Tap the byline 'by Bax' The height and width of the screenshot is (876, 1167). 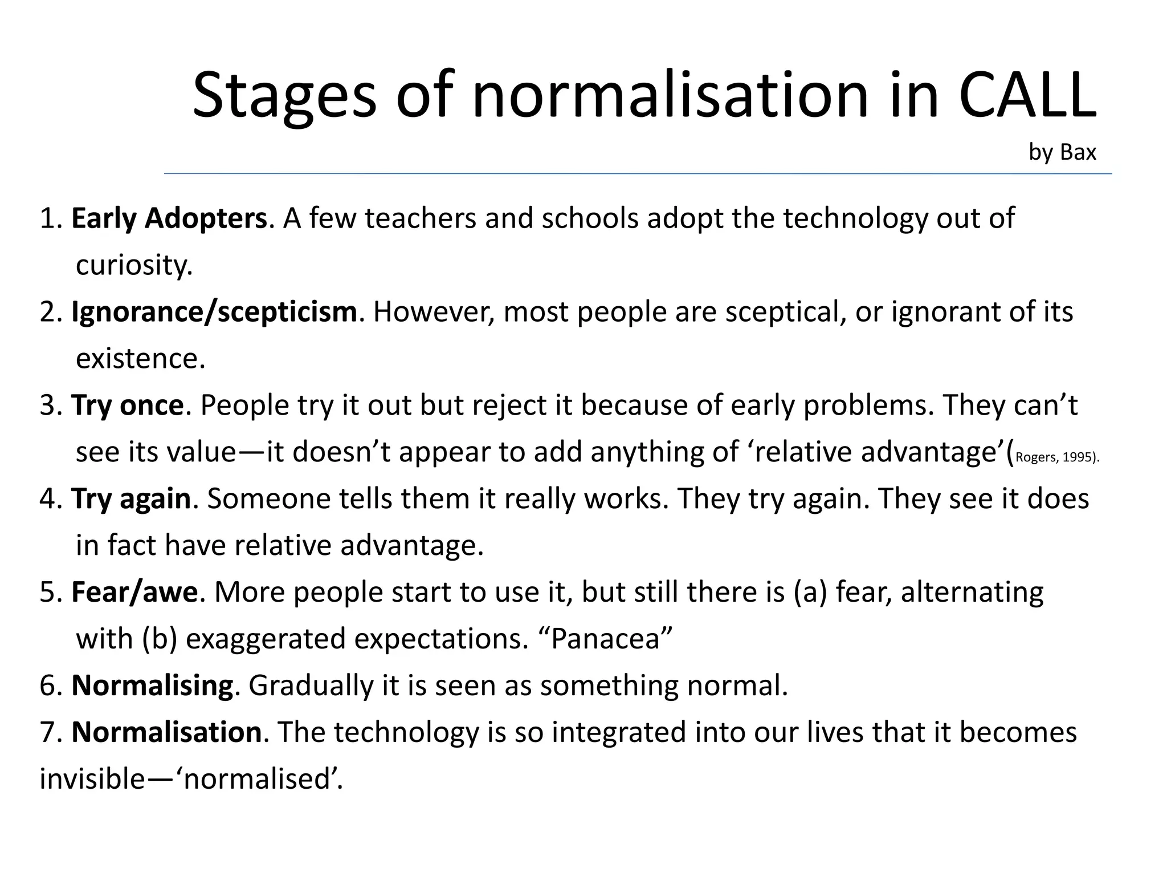coord(1062,152)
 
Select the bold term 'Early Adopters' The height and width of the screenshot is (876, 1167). coord(169,218)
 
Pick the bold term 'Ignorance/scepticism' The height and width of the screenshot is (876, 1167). coord(214,312)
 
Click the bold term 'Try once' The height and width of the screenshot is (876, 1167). coord(127,405)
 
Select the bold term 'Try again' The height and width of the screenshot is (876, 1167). coord(130,499)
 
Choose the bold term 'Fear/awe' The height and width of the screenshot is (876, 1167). coord(134,592)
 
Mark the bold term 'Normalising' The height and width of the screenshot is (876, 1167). coord(152,686)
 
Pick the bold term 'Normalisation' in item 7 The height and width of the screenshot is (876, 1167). coord(166,732)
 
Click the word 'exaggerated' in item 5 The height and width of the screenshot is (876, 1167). coord(266,639)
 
